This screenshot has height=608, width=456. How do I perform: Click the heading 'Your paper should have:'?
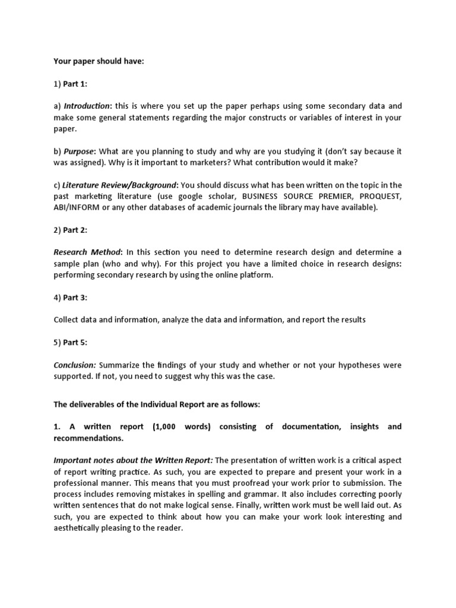pos(99,61)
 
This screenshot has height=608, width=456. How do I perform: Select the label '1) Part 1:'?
pos(71,84)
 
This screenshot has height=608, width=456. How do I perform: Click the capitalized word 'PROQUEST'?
pos(378,196)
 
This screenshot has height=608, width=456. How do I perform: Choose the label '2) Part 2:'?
pos(71,230)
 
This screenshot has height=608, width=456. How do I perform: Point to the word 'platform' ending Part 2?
pos(256,275)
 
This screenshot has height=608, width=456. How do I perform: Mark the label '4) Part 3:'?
pos(71,297)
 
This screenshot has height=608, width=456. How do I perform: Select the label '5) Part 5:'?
pos(71,343)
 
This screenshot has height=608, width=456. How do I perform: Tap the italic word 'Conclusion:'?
pos(75,365)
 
